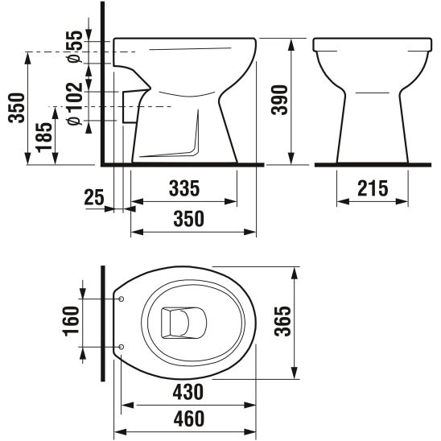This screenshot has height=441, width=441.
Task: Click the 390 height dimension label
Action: click(280, 101)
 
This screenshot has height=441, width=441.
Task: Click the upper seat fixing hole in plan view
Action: click(121, 299)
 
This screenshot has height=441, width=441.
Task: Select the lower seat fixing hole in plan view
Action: click(121, 347)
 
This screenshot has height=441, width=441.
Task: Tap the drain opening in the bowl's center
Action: click(179, 324)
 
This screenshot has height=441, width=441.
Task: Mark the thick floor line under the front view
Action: click(370, 164)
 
